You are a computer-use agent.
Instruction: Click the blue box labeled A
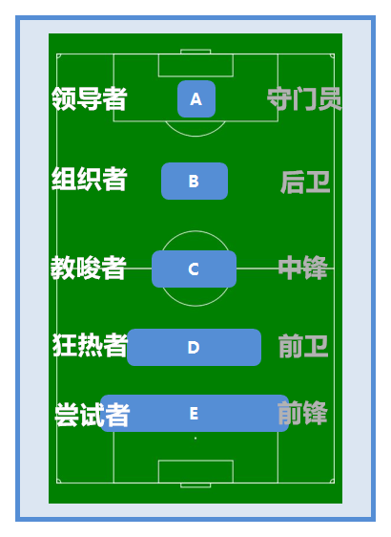pos(196,99)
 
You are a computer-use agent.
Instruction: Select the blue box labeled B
pos(195,181)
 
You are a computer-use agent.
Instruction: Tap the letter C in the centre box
pos(194,268)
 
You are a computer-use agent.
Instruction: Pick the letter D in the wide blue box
pos(194,347)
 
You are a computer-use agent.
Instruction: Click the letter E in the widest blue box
pos(194,414)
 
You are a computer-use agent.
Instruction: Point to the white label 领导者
pos(90,98)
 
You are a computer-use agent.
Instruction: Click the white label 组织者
pos(90,179)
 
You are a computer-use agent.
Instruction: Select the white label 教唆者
pos(89,268)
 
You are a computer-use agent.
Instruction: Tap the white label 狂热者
pos(90,345)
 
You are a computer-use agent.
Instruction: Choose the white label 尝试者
pos(93,415)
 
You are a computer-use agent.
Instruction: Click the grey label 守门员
pos(304,99)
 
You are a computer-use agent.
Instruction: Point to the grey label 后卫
pos(305,183)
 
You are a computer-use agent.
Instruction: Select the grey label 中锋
pos(303,268)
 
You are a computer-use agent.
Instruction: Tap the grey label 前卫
pos(303,346)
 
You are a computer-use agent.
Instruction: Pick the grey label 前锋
pos(302,413)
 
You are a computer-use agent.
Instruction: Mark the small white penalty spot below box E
pos(195,438)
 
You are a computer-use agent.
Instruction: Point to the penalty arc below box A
pos(195,136)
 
